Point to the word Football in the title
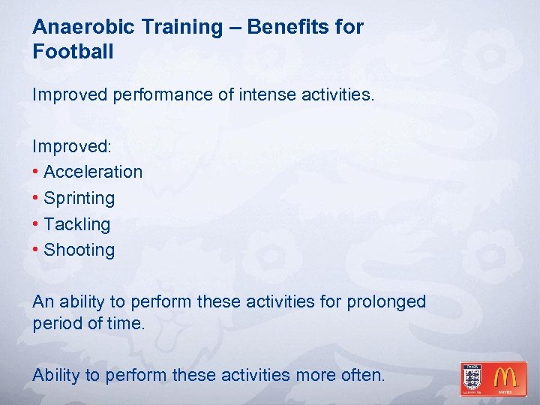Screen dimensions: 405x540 pyautogui.click(x=73, y=52)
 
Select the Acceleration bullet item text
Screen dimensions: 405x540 pyautogui.click(x=93, y=172)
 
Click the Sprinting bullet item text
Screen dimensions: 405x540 pyautogui.click(x=79, y=198)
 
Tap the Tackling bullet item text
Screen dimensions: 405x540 pyautogui.click(x=77, y=224)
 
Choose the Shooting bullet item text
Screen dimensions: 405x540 pyautogui.click(x=79, y=250)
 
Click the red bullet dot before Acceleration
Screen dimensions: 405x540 pyautogui.click(x=36, y=172)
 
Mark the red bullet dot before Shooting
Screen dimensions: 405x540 pyautogui.click(x=36, y=250)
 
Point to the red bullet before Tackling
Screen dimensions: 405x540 pyautogui.click(x=36, y=224)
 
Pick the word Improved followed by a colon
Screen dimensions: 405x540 pyautogui.click(x=69, y=145)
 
